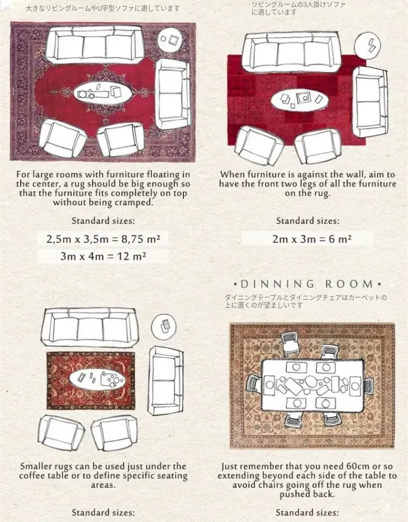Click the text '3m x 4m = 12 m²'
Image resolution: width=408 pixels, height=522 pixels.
pos(103,256)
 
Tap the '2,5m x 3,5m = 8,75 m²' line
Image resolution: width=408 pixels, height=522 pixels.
pos(103,239)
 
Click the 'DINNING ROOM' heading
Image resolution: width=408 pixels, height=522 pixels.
pos(307,284)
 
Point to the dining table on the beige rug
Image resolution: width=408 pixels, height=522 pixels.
pos(312,384)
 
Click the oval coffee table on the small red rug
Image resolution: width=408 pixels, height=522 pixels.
pos(97,378)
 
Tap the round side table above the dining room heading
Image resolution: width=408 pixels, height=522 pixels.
pos(367,45)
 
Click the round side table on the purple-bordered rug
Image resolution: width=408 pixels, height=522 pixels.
pos(170,39)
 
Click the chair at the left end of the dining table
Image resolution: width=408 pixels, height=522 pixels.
pos(253,384)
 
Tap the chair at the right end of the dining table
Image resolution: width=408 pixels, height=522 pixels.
pos(368,386)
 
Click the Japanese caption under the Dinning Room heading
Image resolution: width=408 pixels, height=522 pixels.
pos(306,301)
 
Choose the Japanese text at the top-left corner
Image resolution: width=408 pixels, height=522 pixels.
pos(103,8)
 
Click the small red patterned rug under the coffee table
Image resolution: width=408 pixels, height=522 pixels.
pos(91,381)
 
